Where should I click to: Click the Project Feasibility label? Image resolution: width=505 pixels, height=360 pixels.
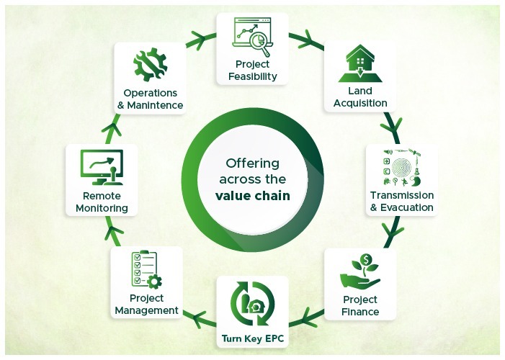coord(251,71)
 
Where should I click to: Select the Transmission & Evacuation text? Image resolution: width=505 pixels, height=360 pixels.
coord(401,202)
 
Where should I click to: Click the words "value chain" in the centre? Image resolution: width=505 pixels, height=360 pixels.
coord(253,195)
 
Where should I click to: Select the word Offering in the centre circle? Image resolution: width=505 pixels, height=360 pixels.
coord(252,163)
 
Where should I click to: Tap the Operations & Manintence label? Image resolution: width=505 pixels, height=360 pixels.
coord(151,99)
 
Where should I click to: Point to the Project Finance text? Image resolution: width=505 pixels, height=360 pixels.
coord(360,306)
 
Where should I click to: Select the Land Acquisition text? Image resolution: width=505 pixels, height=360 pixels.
coord(360,97)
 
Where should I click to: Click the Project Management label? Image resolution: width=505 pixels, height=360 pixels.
coord(146,304)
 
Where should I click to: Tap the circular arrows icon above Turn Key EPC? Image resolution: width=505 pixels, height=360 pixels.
coord(252,302)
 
